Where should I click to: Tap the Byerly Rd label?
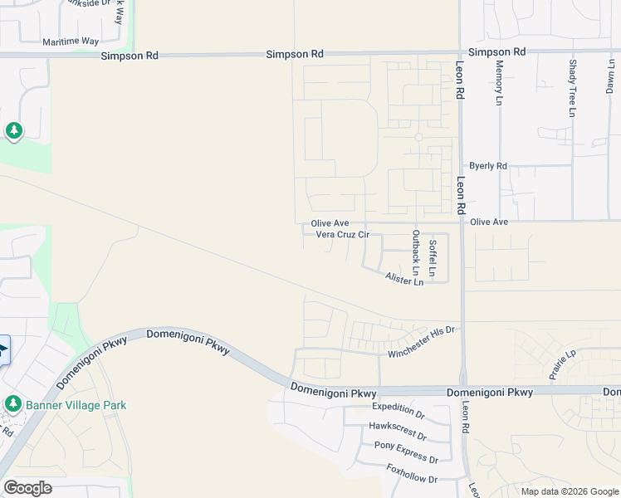(x=487, y=166)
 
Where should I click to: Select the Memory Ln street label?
(x=500, y=82)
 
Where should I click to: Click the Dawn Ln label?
(x=611, y=76)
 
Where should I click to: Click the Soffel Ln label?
(x=432, y=257)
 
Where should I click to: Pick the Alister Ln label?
(x=404, y=281)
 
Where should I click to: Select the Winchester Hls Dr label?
(x=422, y=343)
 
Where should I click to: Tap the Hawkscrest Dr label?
(x=397, y=430)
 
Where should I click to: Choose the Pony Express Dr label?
(x=406, y=452)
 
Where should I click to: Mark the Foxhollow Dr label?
(x=412, y=474)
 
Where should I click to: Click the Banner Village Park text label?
(x=75, y=405)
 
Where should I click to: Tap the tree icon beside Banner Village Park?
(x=12, y=404)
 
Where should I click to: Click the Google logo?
(x=27, y=488)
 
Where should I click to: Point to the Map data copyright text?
(x=570, y=491)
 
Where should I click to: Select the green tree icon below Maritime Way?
(x=13, y=130)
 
